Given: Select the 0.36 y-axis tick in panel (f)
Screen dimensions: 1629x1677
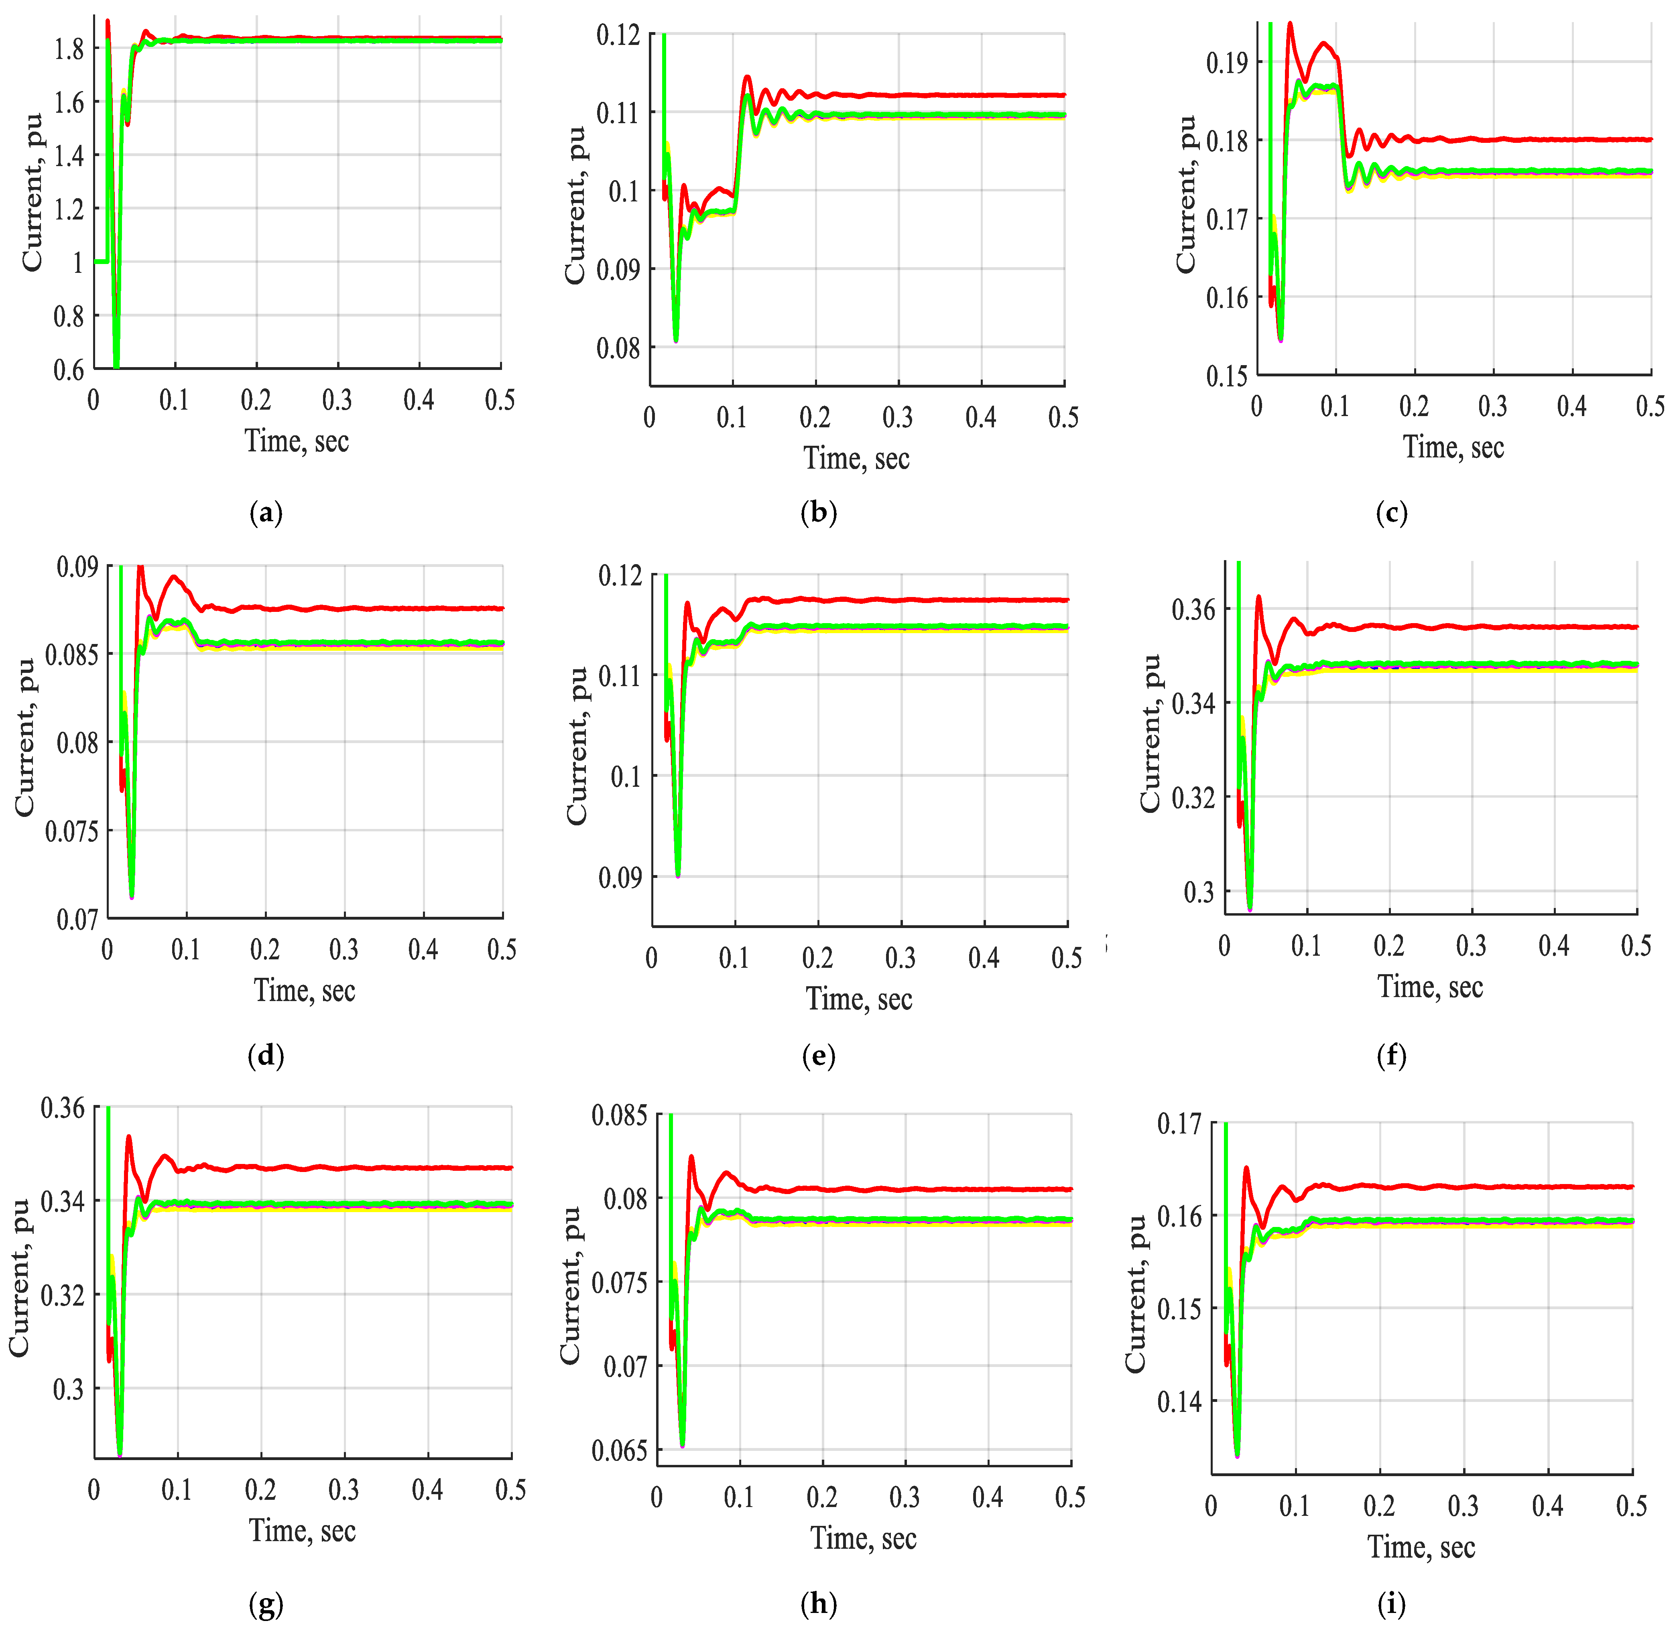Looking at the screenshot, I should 1193,610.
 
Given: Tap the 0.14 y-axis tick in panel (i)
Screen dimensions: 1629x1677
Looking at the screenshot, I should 1179,1402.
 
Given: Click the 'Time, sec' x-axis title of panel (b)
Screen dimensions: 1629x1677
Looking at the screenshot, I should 856,459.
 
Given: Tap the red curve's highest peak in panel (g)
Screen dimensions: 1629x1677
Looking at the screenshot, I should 128,1137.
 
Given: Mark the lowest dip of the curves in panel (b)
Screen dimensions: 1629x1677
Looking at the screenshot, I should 676,341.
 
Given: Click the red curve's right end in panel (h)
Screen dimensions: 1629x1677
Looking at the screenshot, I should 1070,1189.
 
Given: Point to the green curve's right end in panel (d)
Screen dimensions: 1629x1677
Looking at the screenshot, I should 502,642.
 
